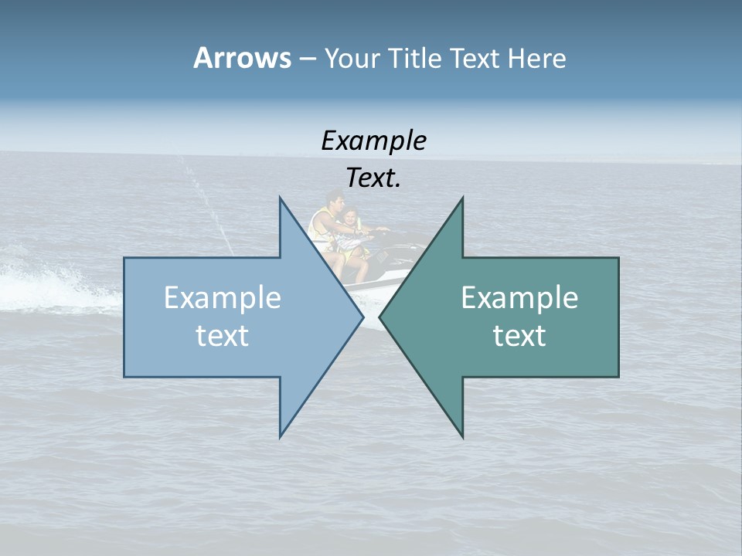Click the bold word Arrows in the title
point(242,58)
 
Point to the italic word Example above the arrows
point(373,141)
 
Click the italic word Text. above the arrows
point(373,178)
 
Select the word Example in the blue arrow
point(223,298)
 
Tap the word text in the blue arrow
point(223,336)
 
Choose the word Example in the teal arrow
point(519,298)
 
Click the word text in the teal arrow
point(519,336)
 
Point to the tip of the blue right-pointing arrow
point(362,317)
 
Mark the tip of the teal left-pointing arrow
point(380,317)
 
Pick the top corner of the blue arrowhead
point(281,198)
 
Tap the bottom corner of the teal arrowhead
point(462,436)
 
